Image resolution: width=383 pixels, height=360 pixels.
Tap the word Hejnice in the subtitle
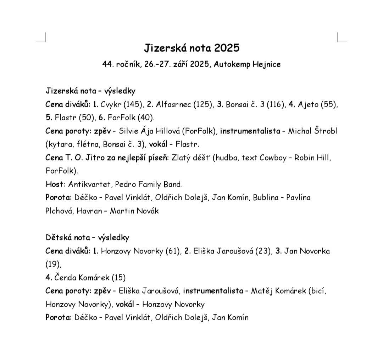pyautogui.click(x=267, y=64)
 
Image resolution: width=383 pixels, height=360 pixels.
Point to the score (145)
pyautogui.click(x=133, y=104)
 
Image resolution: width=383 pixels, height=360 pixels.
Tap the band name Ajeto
pyautogui.click(x=308, y=104)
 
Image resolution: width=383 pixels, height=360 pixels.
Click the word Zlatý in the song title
pyautogui.click(x=182, y=158)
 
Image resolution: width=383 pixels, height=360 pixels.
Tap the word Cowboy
pyautogui.click(x=273, y=158)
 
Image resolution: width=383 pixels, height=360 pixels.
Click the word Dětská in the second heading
pyautogui.click(x=58, y=238)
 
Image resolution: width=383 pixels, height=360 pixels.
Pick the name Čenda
pyautogui.click(x=66, y=277)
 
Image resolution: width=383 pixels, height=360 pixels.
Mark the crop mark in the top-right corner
pyautogui.click(x=341, y=37)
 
